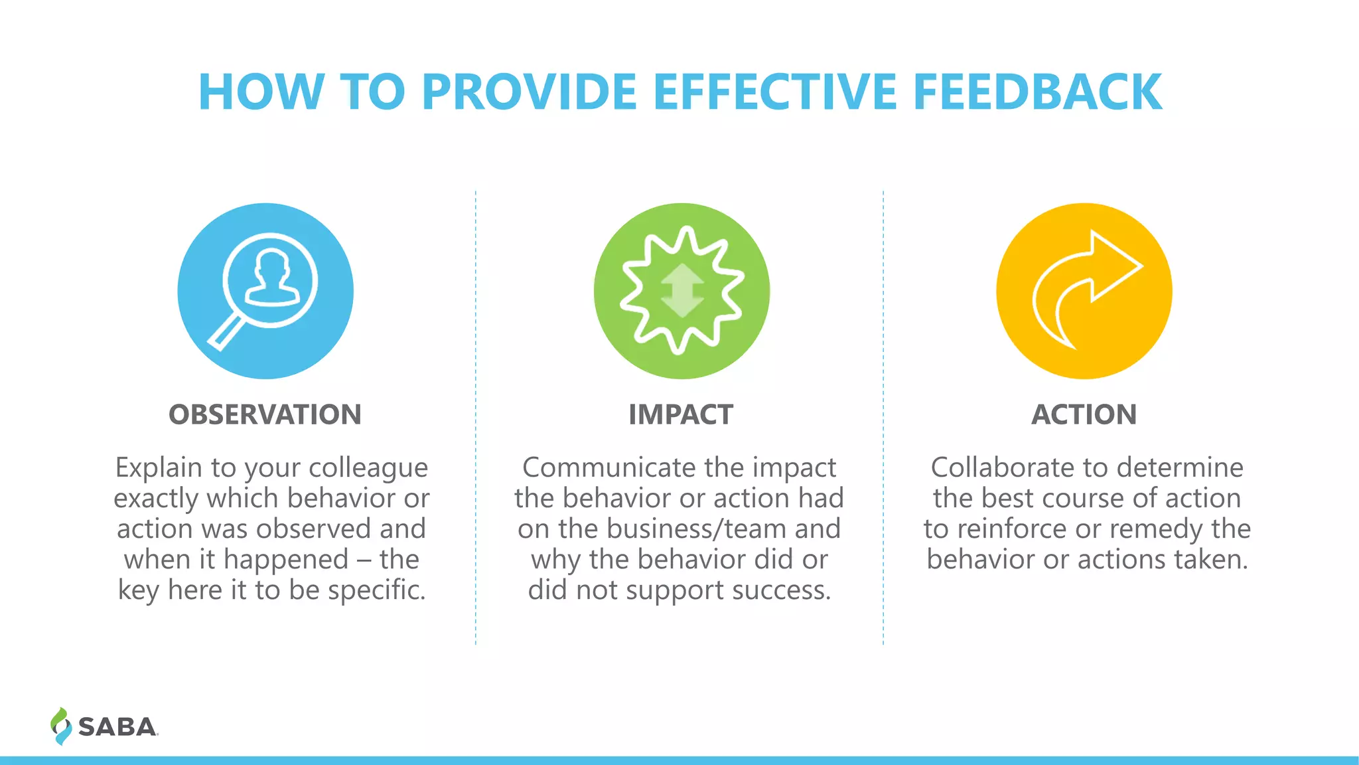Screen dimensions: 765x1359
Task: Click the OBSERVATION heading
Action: pyautogui.click(x=265, y=414)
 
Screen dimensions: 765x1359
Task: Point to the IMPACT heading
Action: pyautogui.click(x=681, y=414)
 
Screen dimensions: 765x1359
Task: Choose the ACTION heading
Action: pyautogui.click(x=1084, y=414)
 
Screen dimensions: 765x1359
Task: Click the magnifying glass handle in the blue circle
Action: pyautogui.click(x=224, y=333)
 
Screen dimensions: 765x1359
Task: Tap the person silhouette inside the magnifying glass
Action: pyautogui.click(x=271, y=279)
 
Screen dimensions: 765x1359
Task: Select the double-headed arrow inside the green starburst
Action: pyautogui.click(x=681, y=291)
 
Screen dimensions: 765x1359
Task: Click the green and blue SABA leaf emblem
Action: pyautogui.click(x=60, y=726)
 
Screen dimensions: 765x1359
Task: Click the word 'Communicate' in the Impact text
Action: pyautogui.click(x=608, y=467)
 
